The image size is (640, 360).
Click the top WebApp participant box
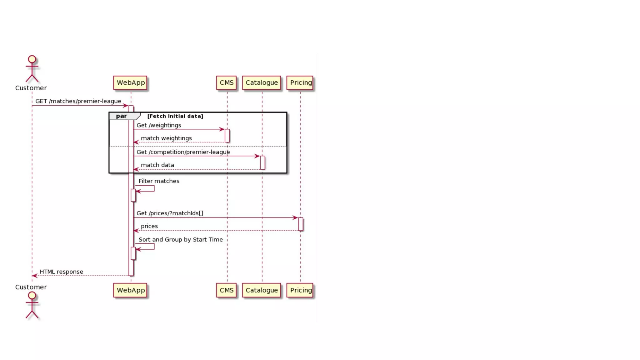130,83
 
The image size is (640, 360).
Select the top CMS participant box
226,83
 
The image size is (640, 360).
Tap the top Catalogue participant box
262,83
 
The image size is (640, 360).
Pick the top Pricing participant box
300,83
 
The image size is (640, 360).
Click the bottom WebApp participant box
130,290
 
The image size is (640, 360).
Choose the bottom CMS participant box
226,290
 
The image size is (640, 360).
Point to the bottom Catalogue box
262,290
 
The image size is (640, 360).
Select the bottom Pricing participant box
300,290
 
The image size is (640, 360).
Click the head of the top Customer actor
32,59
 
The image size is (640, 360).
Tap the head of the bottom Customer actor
32,295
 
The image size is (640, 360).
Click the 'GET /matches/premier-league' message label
78,101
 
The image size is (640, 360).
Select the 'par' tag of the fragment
122,116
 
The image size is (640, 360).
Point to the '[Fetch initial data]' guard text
175,116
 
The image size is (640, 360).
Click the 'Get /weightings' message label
159,125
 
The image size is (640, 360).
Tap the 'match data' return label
157,165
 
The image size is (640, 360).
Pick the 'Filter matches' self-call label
159,181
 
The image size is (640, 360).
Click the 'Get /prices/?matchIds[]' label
170,213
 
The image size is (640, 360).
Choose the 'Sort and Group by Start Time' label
181,240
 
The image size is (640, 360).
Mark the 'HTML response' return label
61,272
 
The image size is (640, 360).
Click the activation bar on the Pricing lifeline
301,224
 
